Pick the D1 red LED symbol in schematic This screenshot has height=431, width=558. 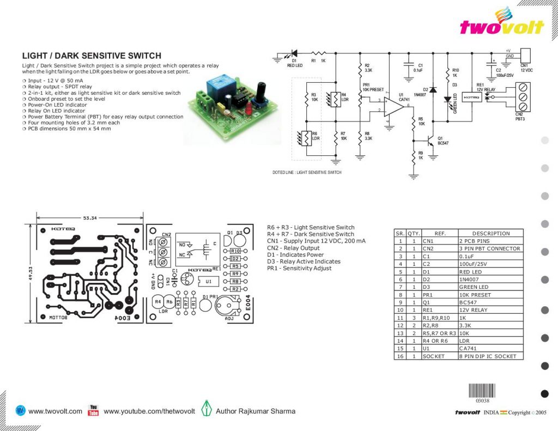tap(294, 53)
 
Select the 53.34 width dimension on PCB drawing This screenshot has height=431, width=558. tap(90, 218)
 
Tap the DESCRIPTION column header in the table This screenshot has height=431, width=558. tap(490, 233)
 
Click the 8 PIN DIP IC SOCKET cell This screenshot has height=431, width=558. tap(490, 356)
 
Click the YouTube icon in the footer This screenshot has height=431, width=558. tap(93, 410)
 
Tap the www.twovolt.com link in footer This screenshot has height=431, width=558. tap(55, 411)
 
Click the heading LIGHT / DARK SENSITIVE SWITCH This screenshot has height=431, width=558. tap(92, 56)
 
